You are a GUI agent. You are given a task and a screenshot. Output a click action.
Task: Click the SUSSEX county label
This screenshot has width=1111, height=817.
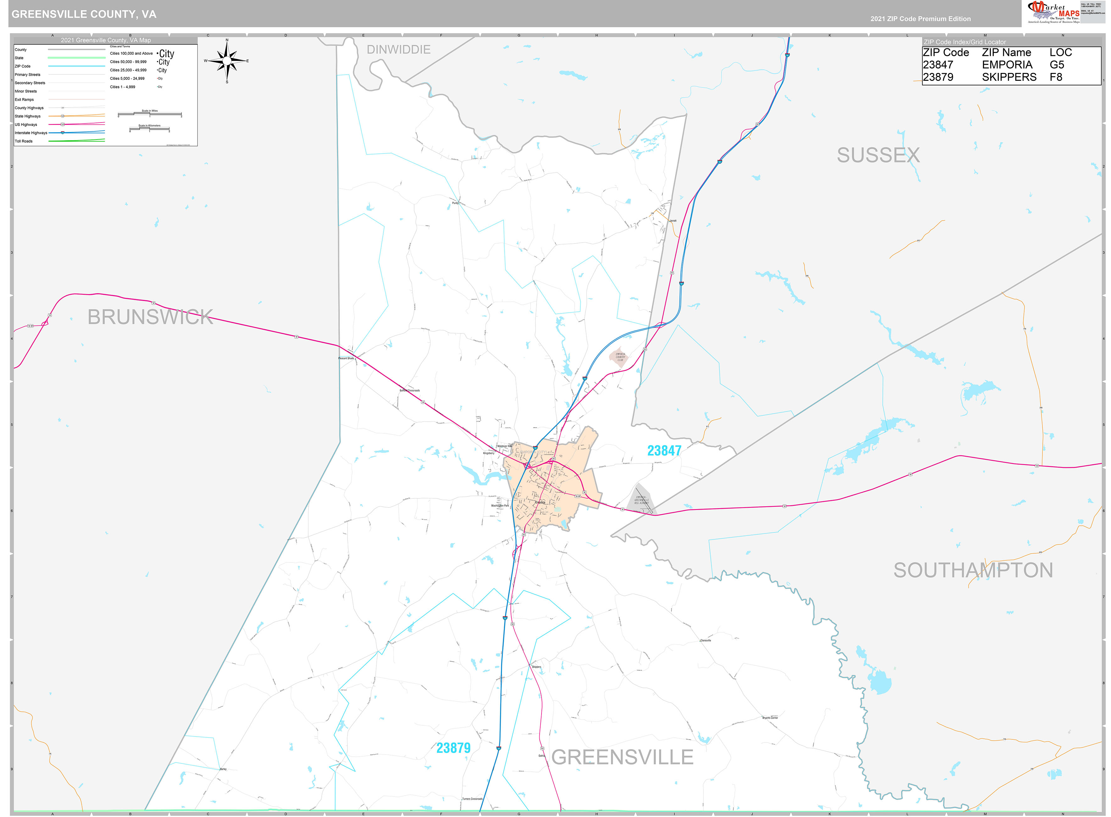(x=878, y=155)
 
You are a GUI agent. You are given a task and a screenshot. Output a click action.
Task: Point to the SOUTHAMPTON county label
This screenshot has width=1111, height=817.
(x=973, y=570)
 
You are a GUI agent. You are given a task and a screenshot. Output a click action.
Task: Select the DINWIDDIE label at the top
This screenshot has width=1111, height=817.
(x=398, y=49)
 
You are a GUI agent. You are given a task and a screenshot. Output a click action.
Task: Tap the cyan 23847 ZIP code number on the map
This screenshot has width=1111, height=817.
(x=664, y=451)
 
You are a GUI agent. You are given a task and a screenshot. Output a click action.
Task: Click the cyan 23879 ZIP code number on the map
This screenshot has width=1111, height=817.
(x=453, y=748)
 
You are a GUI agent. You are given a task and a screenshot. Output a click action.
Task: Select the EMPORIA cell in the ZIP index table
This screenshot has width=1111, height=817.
(x=1007, y=65)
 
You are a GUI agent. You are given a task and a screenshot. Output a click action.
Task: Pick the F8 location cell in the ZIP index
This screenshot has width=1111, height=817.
(x=1056, y=77)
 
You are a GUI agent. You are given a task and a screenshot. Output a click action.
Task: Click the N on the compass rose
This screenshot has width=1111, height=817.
(x=227, y=40)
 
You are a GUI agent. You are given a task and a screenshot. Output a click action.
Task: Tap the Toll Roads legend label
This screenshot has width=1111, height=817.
(x=24, y=141)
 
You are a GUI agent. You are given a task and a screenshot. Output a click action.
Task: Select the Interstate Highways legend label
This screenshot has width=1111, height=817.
(x=31, y=133)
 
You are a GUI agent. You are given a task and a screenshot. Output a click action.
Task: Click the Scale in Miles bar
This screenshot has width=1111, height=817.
(x=149, y=114)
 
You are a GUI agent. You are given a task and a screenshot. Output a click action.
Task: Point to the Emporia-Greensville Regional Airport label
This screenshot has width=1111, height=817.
(x=642, y=500)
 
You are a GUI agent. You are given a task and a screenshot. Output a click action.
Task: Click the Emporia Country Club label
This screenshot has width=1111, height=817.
(x=620, y=357)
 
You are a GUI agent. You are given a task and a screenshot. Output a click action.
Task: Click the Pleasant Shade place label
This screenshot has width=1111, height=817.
(x=346, y=358)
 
